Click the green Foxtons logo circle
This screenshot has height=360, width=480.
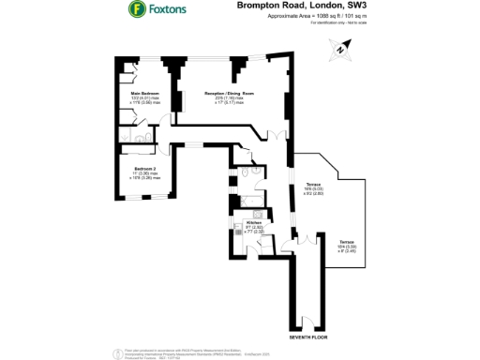137,10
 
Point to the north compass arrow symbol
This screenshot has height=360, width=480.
345,49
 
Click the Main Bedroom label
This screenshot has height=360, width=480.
144,96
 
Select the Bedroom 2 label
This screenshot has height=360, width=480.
142,172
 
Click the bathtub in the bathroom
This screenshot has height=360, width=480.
251,200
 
